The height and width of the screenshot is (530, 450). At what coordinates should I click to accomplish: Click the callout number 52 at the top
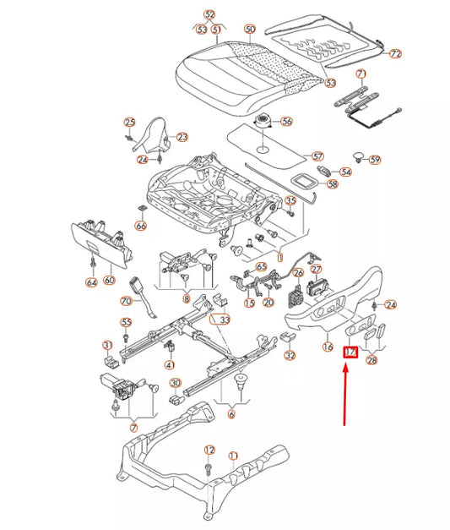pyautogui.click(x=210, y=14)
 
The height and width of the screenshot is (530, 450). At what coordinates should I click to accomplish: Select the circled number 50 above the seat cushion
pyautogui.click(x=249, y=30)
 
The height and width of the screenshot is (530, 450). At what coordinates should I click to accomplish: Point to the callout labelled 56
pyautogui.click(x=286, y=122)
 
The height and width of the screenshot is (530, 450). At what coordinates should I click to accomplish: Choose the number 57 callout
pyautogui.click(x=317, y=156)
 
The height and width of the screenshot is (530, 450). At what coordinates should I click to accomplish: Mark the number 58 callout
pyautogui.click(x=332, y=183)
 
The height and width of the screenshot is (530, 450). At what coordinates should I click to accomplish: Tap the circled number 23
pyautogui.click(x=182, y=137)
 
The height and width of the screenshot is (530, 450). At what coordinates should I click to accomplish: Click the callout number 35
pyautogui.click(x=290, y=200)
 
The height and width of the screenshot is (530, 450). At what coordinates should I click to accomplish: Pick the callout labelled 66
pyautogui.click(x=141, y=227)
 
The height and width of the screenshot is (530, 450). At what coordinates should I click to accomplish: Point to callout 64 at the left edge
pyautogui.click(x=90, y=282)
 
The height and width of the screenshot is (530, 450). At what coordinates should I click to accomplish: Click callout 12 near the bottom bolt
pyautogui.click(x=210, y=450)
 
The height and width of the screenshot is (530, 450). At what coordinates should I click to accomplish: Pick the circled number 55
pyautogui.click(x=127, y=322)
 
